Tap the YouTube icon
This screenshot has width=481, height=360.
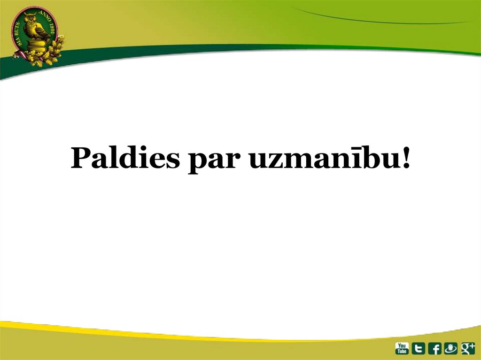(x=402, y=348)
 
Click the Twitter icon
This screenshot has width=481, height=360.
(x=418, y=348)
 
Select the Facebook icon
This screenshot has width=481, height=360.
(x=434, y=348)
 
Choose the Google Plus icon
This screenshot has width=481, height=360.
(x=467, y=348)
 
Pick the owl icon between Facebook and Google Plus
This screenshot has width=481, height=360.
(x=450, y=348)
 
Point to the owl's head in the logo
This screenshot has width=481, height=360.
(x=31, y=20)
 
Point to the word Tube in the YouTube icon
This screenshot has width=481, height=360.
(x=402, y=351)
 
